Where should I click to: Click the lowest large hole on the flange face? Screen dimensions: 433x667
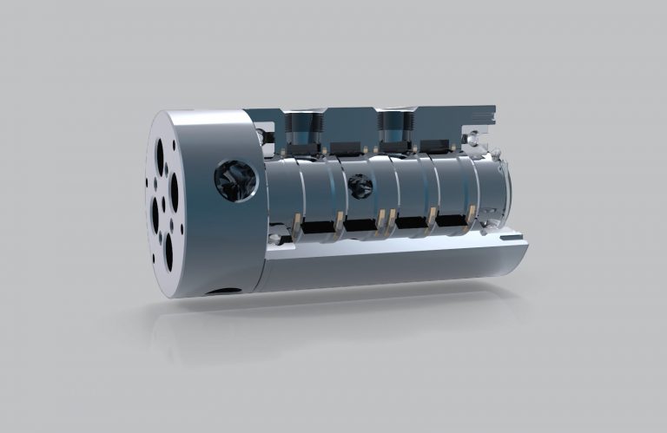point(168,253)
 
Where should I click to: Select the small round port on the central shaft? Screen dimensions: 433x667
point(355,186)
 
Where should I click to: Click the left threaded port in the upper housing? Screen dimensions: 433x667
point(303,128)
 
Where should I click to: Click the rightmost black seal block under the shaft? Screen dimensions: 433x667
point(452,224)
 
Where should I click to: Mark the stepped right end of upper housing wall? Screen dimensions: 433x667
point(486,115)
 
